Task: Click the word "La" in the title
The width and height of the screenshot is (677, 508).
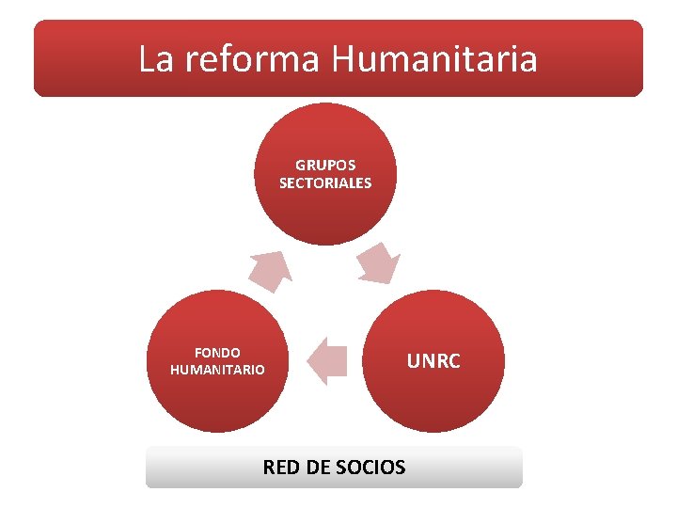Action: [x=156, y=59]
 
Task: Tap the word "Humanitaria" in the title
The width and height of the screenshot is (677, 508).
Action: [x=434, y=59]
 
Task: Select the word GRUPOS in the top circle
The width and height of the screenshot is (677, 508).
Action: [x=325, y=165]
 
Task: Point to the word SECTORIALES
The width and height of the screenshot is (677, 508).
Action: [x=325, y=183]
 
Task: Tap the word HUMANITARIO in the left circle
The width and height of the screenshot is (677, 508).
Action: [x=217, y=370]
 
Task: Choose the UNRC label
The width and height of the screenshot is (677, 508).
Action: [x=433, y=360]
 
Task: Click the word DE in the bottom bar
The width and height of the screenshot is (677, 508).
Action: [x=319, y=467]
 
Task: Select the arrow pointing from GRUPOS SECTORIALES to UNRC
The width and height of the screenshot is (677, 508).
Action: [x=380, y=263]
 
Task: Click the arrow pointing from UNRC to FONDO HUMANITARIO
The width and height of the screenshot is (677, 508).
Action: [x=327, y=360]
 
